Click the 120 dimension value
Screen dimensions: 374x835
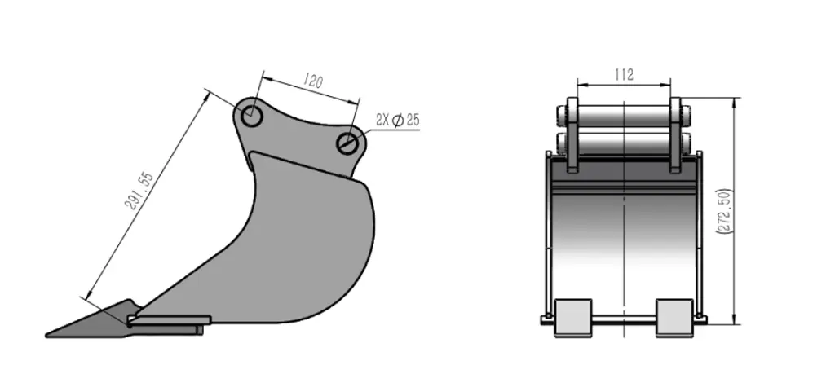click(313, 81)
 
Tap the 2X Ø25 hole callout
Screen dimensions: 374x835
click(397, 120)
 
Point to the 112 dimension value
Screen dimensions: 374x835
click(624, 74)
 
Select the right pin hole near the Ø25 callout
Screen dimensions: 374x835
click(348, 143)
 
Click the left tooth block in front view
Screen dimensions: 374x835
click(572, 317)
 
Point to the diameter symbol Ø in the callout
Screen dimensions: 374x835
click(397, 121)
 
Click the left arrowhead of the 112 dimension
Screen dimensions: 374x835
click(580, 83)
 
